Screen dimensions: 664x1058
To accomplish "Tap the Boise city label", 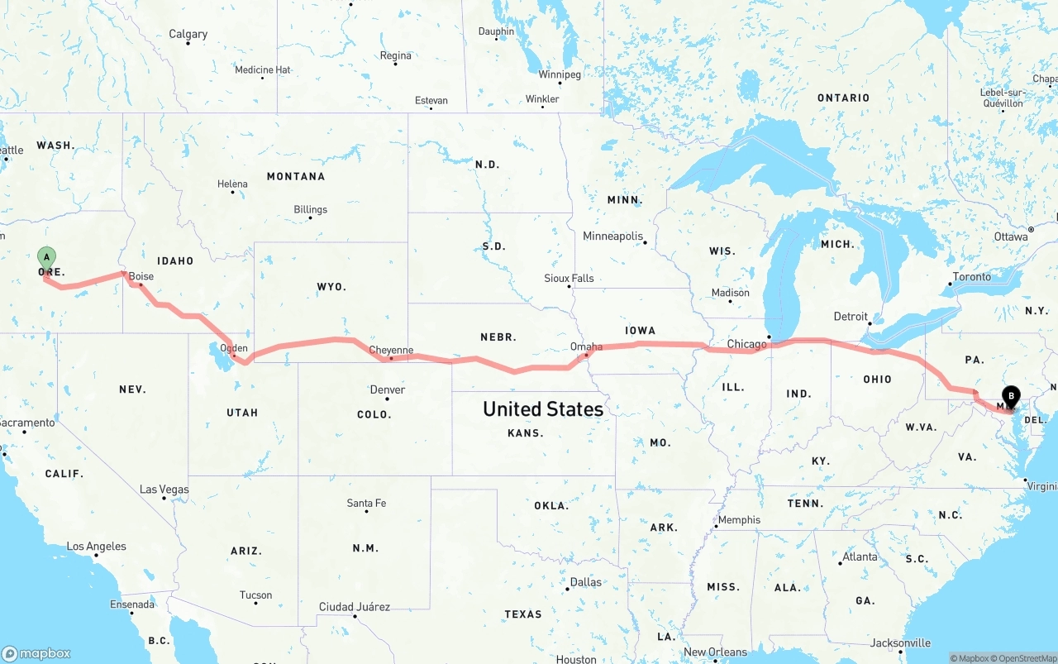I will click(x=141, y=276).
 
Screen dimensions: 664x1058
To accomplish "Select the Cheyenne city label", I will click(x=391, y=350).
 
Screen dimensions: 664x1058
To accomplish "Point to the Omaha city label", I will click(x=586, y=346).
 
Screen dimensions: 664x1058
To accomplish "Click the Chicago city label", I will click(x=747, y=344).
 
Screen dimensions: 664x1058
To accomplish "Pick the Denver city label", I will click(x=388, y=389).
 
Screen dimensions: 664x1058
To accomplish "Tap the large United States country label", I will click(x=543, y=408).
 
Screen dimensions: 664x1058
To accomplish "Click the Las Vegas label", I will click(x=164, y=490).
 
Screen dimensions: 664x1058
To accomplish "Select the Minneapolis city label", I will click(x=612, y=236).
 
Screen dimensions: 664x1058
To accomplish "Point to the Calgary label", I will click(x=188, y=34).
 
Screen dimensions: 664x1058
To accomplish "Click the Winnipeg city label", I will click(x=560, y=74).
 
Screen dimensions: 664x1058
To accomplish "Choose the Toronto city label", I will click(x=971, y=276).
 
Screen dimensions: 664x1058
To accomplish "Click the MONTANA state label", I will click(x=295, y=176).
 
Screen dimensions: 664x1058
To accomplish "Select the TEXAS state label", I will click(x=523, y=614).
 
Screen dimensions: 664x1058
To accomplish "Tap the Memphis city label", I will click(x=739, y=519).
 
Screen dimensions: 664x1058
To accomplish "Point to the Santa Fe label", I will click(x=366, y=503).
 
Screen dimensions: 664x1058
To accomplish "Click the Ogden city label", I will click(x=233, y=348).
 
